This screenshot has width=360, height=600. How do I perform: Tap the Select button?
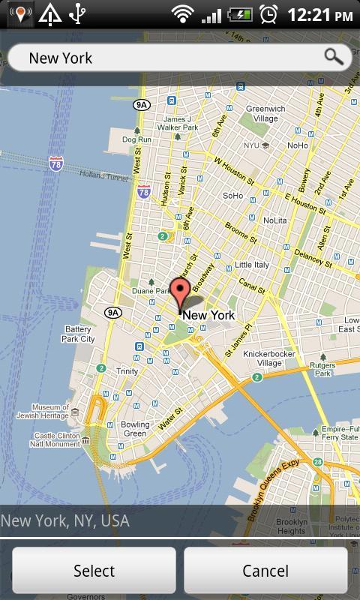click(x=94, y=571)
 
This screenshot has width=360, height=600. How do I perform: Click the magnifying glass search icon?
click(x=334, y=56)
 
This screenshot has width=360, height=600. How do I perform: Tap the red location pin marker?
click(x=180, y=291)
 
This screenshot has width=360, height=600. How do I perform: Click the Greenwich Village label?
click(x=265, y=113)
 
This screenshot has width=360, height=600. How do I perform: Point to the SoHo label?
click(x=232, y=196)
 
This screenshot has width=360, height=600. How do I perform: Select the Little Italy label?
click(x=252, y=265)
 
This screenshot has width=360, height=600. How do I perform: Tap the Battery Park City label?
click(x=79, y=334)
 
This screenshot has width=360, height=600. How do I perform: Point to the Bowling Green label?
click(x=135, y=429)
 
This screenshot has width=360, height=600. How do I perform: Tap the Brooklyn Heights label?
click(x=291, y=526)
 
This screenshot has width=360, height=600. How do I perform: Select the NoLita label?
click(x=274, y=220)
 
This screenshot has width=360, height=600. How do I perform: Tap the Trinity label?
click(x=127, y=370)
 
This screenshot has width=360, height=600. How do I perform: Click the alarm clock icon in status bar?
click(x=268, y=13)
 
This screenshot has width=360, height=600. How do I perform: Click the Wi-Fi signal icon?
click(x=181, y=13)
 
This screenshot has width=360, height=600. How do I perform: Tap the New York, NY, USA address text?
click(x=65, y=520)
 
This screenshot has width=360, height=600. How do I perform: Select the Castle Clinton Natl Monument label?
click(x=57, y=439)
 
